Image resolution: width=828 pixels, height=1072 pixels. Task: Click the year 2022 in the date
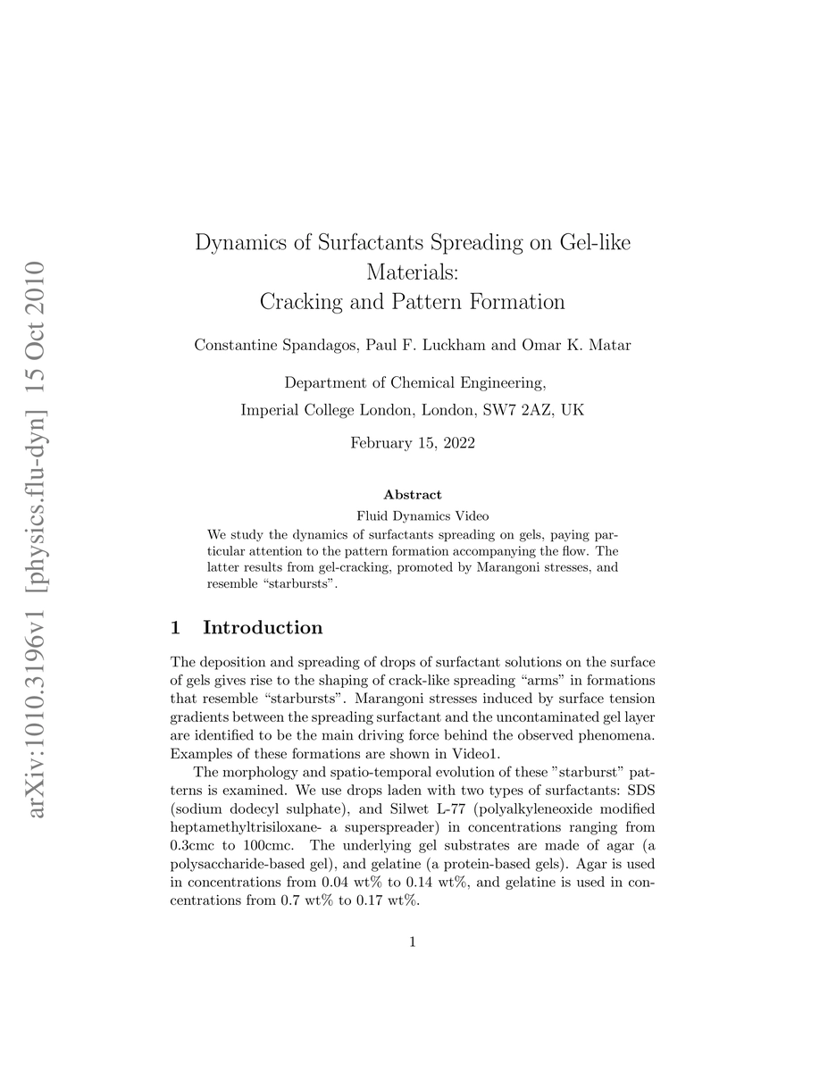click(456, 443)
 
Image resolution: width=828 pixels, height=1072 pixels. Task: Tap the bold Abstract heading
click(413, 494)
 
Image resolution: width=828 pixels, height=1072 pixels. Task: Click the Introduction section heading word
click(263, 628)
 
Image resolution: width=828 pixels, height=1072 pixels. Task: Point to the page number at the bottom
click(413, 941)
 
